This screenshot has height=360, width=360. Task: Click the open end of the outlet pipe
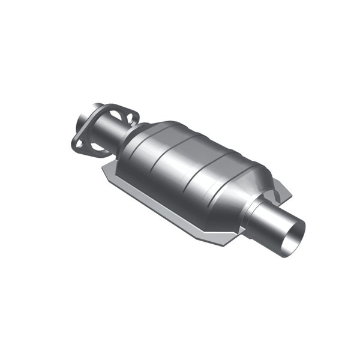click(296, 230)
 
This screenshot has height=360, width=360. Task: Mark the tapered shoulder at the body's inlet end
click(135, 144)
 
